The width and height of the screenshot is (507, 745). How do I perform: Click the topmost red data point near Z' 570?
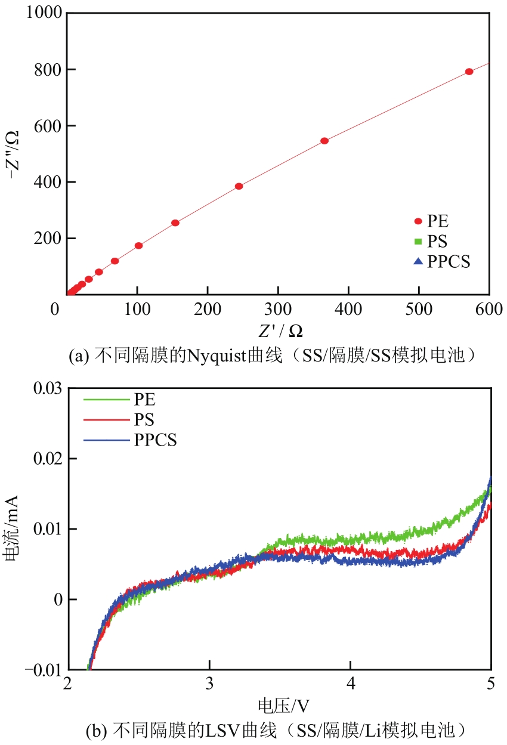pos(469,72)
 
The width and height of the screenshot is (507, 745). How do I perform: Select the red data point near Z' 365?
pos(324,141)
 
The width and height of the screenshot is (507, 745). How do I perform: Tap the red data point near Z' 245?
pos(239,186)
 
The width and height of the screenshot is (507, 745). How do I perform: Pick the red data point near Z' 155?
pos(175,222)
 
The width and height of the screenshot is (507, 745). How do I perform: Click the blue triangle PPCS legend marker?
pos(418,261)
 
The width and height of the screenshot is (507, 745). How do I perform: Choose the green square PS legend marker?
pos(418,242)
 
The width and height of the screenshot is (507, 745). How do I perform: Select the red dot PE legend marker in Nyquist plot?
pos(418,222)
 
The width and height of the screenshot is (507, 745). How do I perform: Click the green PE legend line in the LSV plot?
pos(106,400)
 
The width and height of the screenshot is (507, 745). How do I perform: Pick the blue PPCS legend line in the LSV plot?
pos(106,440)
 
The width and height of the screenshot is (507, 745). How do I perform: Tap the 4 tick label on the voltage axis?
pos(351,684)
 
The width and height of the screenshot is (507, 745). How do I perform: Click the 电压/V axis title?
pos(283,706)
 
